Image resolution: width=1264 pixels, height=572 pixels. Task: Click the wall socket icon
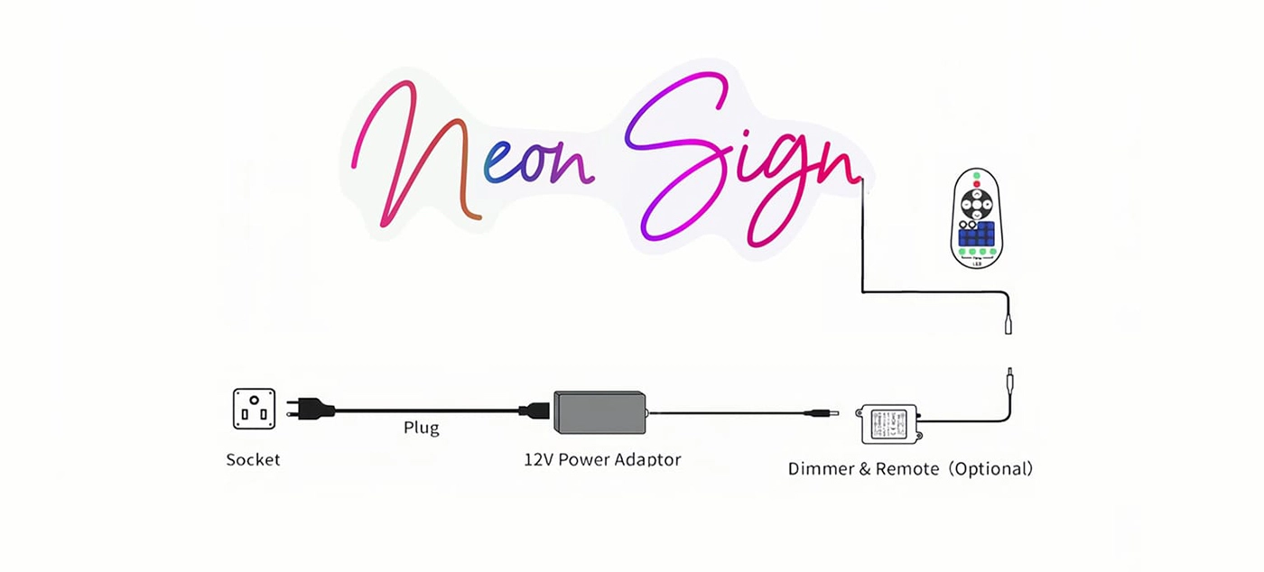254,409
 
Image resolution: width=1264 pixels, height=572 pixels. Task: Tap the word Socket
253,460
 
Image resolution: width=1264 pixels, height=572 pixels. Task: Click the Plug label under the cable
421,428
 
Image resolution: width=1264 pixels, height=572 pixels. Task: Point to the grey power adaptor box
599,412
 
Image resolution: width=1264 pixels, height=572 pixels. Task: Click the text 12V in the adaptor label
538,459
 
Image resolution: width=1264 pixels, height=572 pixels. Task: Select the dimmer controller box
890,422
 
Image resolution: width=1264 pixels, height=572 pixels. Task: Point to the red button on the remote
976,184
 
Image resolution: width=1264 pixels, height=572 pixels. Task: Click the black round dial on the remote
976,201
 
